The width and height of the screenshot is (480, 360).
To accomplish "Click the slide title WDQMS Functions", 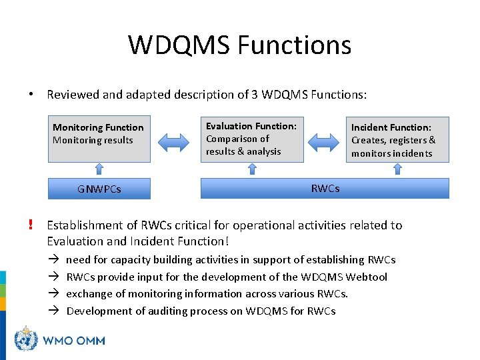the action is pyautogui.click(x=239, y=45).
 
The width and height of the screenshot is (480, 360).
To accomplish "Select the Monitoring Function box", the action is pyautogui.click(x=99, y=139).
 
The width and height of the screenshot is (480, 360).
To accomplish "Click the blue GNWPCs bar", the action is pyautogui.click(x=99, y=189).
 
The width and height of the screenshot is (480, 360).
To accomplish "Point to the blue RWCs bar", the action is pyautogui.click(x=325, y=189).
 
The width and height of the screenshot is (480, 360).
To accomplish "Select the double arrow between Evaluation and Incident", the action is pyautogui.click(x=325, y=141).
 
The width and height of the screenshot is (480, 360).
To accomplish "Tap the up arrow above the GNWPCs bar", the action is pyautogui.click(x=99, y=170).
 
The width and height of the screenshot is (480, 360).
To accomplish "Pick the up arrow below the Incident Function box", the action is pyautogui.click(x=397, y=170).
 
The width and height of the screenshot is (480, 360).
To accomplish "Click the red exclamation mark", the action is pyautogui.click(x=31, y=225).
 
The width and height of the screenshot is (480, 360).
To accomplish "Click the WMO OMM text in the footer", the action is pyautogui.click(x=74, y=341).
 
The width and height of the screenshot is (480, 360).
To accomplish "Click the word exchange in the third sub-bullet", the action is pyautogui.click(x=89, y=294).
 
